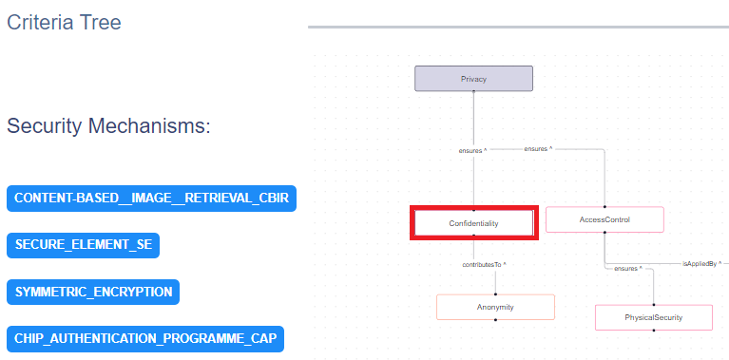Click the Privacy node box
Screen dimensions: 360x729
pos(473,79)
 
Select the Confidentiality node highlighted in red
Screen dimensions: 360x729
pos(473,222)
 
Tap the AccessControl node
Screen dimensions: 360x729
pos(604,219)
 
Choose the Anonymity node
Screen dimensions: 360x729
pos(495,307)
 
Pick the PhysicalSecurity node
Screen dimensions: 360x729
pos(654,317)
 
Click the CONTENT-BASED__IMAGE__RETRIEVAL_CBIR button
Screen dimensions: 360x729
pos(151,199)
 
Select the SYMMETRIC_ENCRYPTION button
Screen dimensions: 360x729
pos(93,292)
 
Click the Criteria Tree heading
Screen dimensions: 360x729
pos(64,21)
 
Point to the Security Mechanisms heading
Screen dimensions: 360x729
pos(108,126)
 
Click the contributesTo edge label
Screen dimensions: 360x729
pos(484,263)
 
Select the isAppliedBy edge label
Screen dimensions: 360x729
pos(701,262)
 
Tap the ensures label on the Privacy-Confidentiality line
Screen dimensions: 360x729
pos(472,150)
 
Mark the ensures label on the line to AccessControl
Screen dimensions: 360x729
pos(538,149)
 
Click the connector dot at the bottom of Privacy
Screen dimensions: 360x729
pos(473,92)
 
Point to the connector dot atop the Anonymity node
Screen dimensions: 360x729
pos(495,294)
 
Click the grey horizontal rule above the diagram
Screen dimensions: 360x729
pos(518,27)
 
